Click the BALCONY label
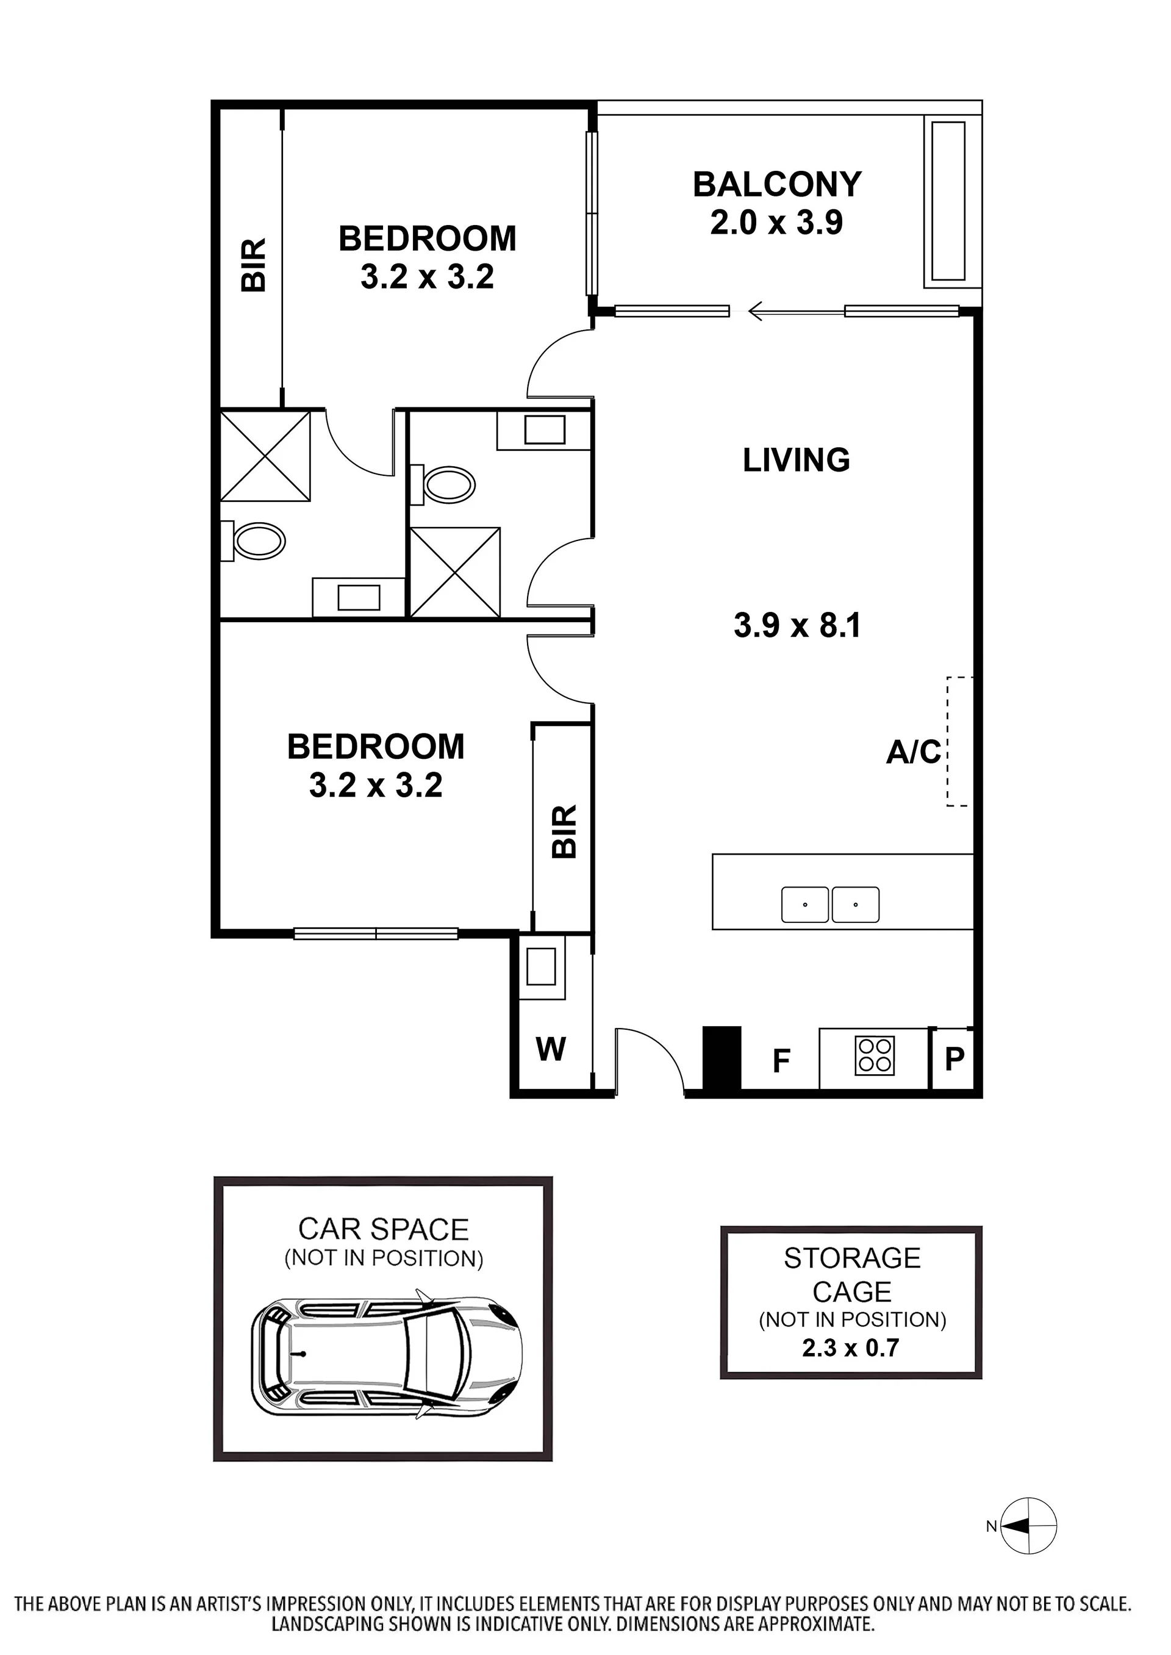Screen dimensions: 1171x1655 pyautogui.click(x=777, y=185)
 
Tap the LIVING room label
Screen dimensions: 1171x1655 pyautogui.click(x=796, y=460)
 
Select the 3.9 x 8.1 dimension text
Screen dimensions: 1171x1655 pyautogui.click(x=798, y=625)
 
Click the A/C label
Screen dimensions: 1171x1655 pyautogui.click(x=914, y=752)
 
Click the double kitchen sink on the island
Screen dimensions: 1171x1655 pyautogui.click(x=831, y=904)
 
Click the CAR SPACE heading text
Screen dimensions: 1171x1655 pyautogui.click(x=384, y=1229)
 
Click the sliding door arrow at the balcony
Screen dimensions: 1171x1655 pyautogui.click(x=796, y=312)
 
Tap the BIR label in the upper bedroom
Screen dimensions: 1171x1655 pyautogui.click(x=254, y=265)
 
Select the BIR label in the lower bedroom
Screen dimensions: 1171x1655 pyautogui.click(x=565, y=831)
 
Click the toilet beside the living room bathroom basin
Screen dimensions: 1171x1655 pyautogui.click(x=443, y=484)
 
